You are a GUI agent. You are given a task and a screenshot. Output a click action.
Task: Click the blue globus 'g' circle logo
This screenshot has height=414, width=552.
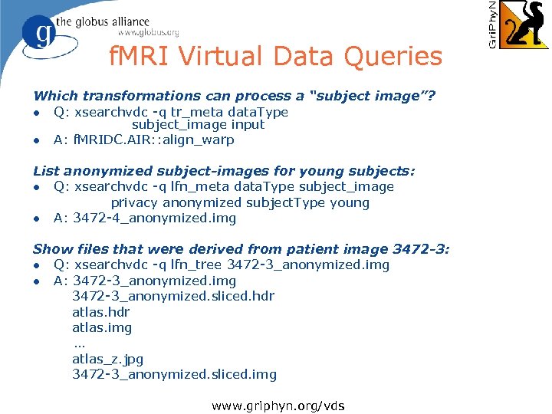coord(40,34)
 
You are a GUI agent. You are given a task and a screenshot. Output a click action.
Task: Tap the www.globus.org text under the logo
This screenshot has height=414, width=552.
coord(148,33)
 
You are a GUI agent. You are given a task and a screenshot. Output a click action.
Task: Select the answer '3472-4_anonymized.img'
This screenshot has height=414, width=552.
coord(155,219)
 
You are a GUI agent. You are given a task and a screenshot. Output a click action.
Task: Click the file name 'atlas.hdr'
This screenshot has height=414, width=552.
coord(100,313)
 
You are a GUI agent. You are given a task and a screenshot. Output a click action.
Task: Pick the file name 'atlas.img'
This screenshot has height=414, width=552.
coord(102,328)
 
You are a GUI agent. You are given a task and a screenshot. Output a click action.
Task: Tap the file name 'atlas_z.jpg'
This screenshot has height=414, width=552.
coord(107,359)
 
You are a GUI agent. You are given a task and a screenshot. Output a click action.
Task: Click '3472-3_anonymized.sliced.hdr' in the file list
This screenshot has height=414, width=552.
coord(173,297)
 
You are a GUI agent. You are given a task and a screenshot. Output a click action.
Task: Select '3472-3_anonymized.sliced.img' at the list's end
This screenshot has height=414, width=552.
coord(174,375)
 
